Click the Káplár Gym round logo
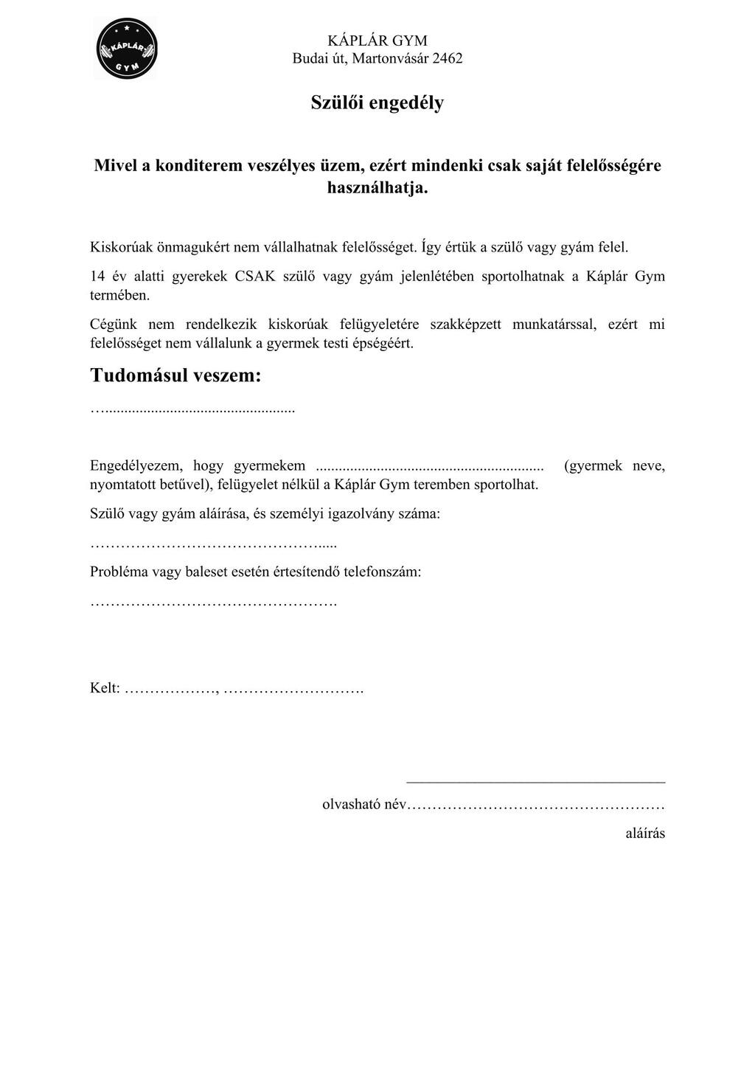tap(127, 49)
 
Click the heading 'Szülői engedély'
tap(377, 103)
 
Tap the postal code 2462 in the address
tap(447, 59)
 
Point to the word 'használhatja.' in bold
tap(377, 188)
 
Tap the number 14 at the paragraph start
tap(97, 277)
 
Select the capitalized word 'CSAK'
tap(255, 277)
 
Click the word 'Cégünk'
tap(113, 324)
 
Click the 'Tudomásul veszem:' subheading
tap(175, 375)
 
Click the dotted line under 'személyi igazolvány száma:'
tap(213, 545)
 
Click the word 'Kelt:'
tap(105, 688)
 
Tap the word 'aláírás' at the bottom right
tap(644, 833)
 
